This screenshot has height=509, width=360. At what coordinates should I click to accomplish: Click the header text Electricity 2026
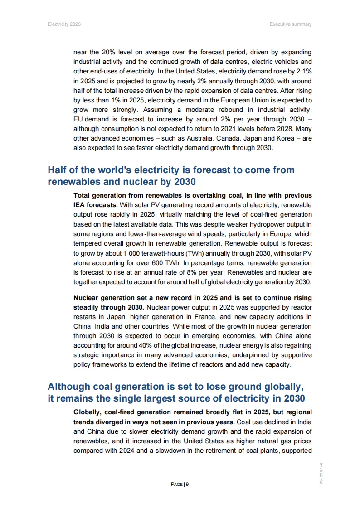(x=64, y=24)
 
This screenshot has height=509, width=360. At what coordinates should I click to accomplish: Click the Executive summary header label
(x=291, y=24)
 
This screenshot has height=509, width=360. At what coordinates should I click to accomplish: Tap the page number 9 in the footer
(x=187, y=484)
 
